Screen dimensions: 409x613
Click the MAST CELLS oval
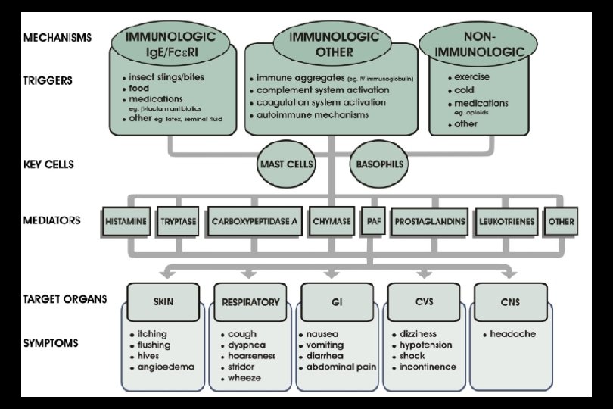(287, 163)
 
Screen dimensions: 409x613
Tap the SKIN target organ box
(163, 302)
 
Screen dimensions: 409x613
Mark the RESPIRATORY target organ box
(250, 302)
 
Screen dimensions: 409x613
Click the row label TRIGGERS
(49, 80)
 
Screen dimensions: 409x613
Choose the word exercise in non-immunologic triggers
(472, 77)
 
